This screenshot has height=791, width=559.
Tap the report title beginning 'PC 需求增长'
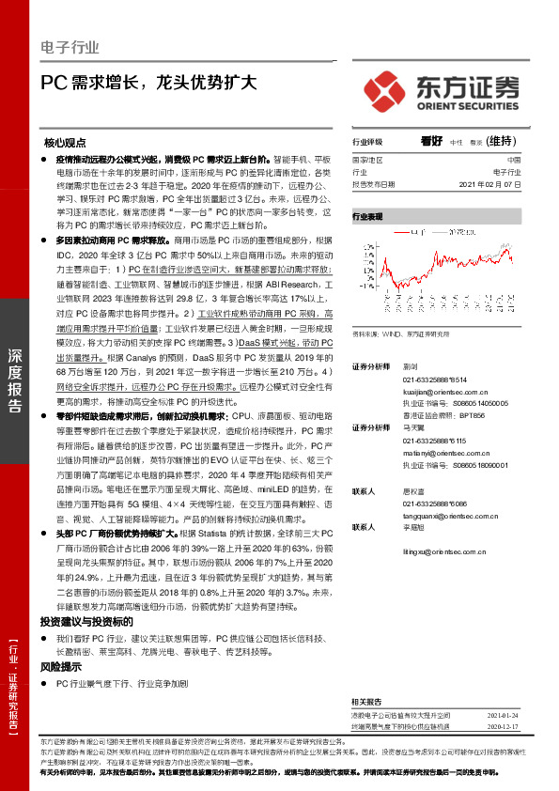point(148,82)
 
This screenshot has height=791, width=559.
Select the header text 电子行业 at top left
point(70,44)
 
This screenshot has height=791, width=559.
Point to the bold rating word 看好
point(431,141)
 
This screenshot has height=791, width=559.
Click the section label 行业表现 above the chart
point(367,216)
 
